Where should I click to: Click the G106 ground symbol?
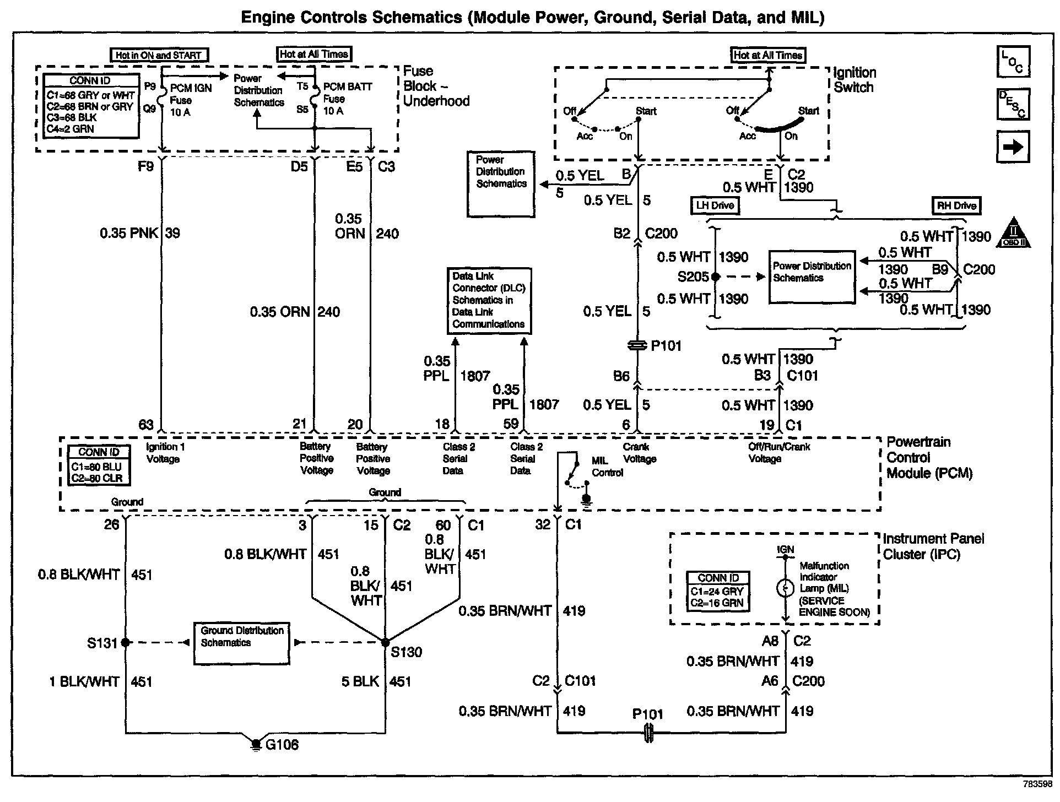[256, 744]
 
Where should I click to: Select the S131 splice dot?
[126, 642]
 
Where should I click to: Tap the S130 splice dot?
[385, 642]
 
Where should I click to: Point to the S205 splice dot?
[715, 277]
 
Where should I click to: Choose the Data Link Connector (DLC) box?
[489, 301]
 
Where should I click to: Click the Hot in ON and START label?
[159, 55]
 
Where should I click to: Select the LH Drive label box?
[715, 205]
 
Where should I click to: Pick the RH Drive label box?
[956, 205]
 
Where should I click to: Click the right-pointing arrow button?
[1013, 147]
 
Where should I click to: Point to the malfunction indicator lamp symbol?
[784, 589]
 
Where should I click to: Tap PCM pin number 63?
[146, 425]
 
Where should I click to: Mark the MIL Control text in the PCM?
[607, 466]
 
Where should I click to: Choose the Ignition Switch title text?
[854, 80]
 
